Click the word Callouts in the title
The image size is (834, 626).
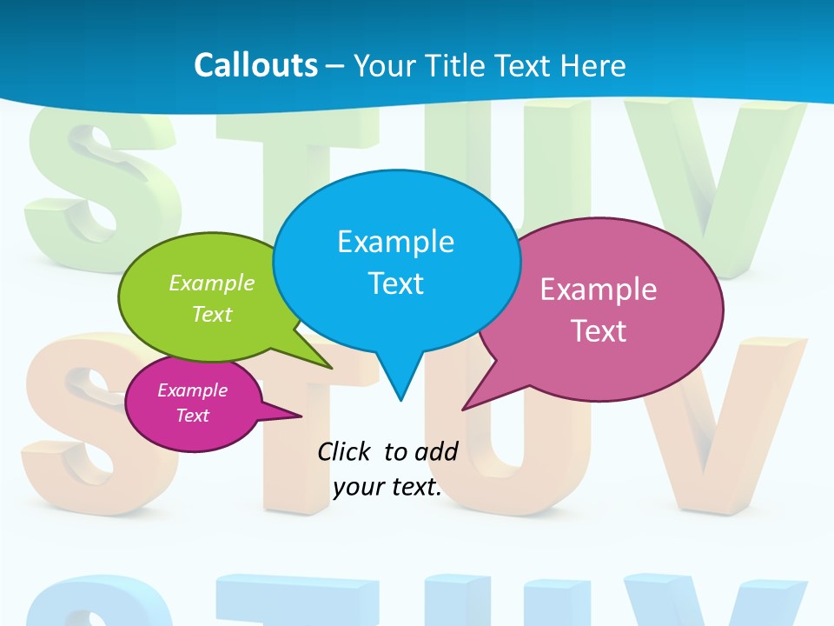coord(255,65)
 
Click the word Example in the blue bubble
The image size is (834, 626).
coord(395,242)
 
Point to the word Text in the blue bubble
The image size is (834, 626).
coord(395,283)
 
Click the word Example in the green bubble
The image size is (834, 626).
coord(212,283)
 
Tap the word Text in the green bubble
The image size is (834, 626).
coord(212,314)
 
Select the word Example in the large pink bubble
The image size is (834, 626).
coord(599,290)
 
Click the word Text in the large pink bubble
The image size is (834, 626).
coord(599,331)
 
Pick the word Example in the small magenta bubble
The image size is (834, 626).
coord(192,390)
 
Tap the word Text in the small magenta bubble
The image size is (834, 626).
coord(192,416)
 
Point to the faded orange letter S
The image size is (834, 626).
coord(87,426)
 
